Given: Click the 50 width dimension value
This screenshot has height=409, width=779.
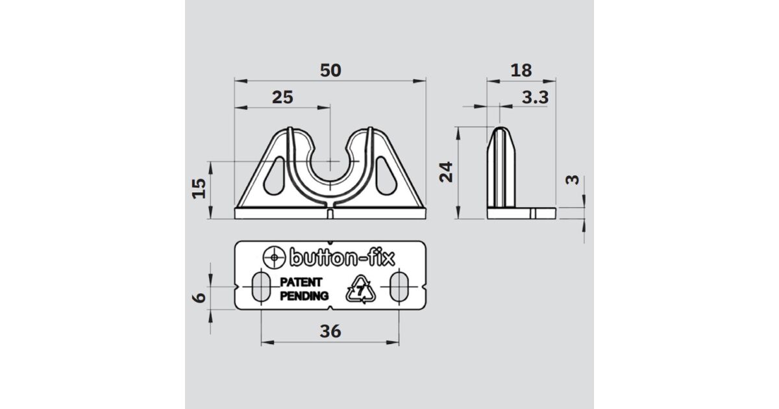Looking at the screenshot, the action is click(x=330, y=70).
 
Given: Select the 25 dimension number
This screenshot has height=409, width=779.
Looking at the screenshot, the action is click(x=282, y=97).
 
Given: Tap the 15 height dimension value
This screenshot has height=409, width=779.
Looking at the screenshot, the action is click(x=199, y=188).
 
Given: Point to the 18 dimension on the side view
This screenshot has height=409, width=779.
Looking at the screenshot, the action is click(x=521, y=70).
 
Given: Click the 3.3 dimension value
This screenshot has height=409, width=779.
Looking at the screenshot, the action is click(x=535, y=97).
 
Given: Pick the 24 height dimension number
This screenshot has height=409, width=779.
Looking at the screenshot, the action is click(x=446, y=172).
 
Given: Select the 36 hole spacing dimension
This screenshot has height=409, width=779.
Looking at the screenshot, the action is click(x=330, y=331).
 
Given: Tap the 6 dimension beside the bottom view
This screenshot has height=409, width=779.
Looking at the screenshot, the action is click(x=199, y=298).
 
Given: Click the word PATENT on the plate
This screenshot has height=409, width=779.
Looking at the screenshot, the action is click(x=301, y=282).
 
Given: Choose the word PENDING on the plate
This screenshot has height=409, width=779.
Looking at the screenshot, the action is click(x=304, y=296).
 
